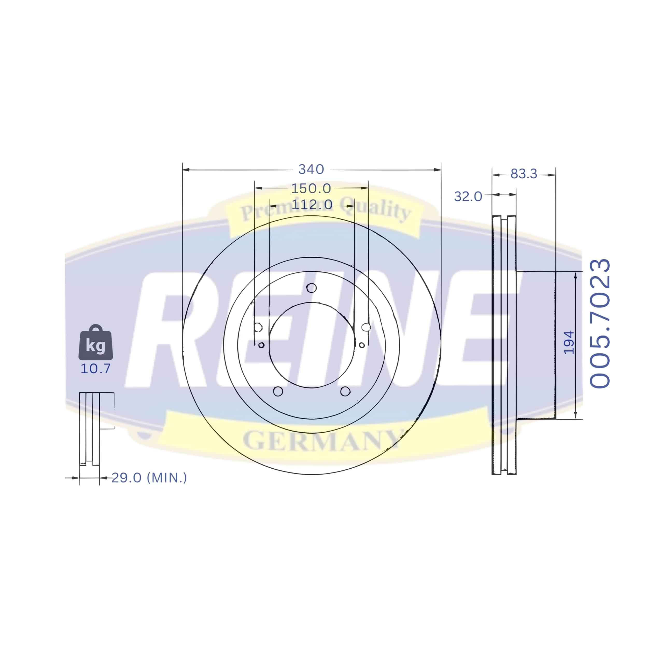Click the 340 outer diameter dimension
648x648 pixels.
tap(311, 169)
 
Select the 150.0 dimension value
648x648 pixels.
tap(311, 188)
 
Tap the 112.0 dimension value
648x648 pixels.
tap(312, 205)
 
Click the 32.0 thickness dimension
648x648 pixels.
tap(468, 196)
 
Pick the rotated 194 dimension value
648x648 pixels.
tap(569, 342)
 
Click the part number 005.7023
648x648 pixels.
tap(600, 324)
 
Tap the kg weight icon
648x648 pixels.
tap(96, 342)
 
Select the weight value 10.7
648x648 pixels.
tap(96, 369)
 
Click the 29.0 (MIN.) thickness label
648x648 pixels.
tap(149, 478)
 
